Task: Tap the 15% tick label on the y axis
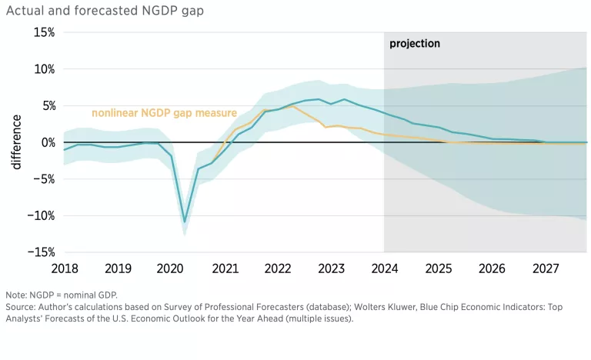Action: pyautogui.click(x=44, y=32)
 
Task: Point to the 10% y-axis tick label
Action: pyautogui.click(x=44, y=69)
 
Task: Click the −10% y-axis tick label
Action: pyautogui.click(x=41, y=215)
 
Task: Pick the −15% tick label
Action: pyautogui.click(x=41, y=252)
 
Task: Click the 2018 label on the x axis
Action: pyautogui.click(x=64, y=269)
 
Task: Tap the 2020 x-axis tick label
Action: pyautogui.click(x=171, y=269)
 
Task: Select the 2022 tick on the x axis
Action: pyautogui.click(x=278, y=269)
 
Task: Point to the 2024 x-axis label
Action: pyautogui.click(x=384, y=269)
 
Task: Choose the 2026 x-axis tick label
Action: pyautogui.click(x=491, y=269)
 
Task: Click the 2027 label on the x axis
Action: pyautogui.click(x=544, y=269)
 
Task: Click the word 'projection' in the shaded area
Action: pyautogui.click(x=415, y=44)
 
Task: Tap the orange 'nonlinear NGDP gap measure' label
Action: pyautogui.click(x=164, y=113)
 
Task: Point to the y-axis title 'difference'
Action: pyautogui.click(x=16, y=142)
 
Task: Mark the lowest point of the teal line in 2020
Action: pyautogui.click(x=185, y=222)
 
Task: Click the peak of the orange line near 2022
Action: pyautogui.click(x=292, y=105)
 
